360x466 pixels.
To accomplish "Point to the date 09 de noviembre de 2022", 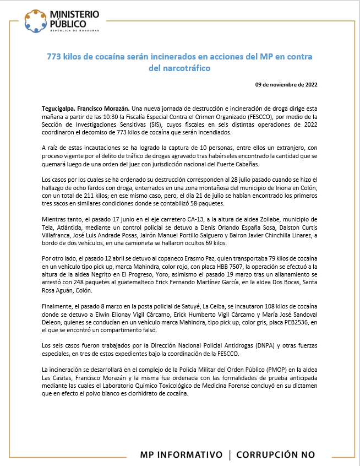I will (x=286, y=84).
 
